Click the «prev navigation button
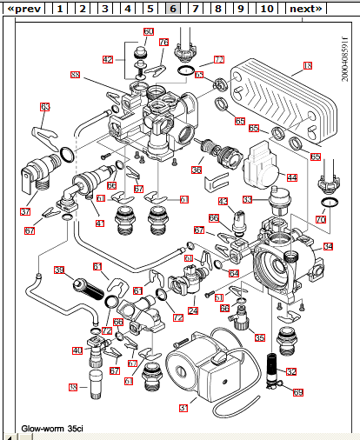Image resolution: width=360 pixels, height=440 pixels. coord(23,9)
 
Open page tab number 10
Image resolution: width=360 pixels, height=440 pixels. coord(266,9)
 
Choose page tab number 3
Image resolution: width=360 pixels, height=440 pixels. coord(103,9)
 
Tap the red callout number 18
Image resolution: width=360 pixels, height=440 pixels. coord(307,65)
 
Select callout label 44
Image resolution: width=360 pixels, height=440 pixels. coord(292,177)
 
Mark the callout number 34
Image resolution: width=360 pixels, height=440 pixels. coord(328,246)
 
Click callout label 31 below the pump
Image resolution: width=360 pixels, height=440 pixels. coord(183,406)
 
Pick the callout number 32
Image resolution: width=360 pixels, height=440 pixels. coord(291,371)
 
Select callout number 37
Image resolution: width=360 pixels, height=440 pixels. coord(25,211)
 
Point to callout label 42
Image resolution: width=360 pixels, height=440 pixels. coord(108,60)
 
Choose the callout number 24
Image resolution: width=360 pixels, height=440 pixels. coord(192,310)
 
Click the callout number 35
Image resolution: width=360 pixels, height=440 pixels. coord(259,337)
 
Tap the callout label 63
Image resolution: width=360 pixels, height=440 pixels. coord(44,108)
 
